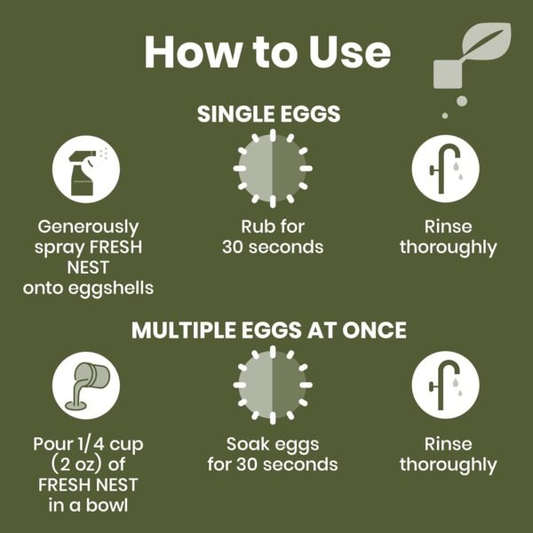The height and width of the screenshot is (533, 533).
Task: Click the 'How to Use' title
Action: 266,53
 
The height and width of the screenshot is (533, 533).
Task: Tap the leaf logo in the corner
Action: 469,59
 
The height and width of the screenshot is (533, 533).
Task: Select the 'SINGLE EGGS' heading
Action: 268,115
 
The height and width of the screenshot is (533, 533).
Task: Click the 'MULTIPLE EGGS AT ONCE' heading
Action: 268,330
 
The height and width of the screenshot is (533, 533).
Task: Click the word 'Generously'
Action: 88,227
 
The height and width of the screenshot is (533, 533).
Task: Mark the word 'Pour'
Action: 51,443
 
